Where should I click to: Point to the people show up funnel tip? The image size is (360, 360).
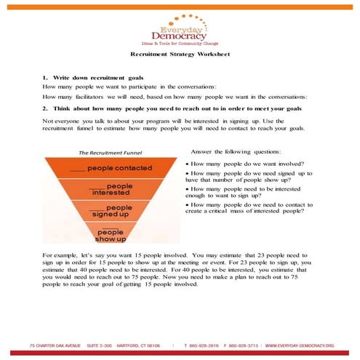[x=111, y=235]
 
